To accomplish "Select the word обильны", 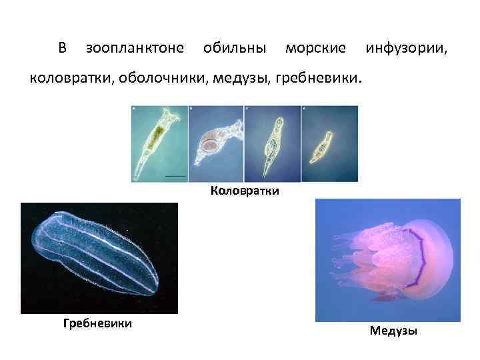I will pos(235,49).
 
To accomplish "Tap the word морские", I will pos(315,49).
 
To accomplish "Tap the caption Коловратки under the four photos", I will pos(245,191).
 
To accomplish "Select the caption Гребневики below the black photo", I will pos(97,323).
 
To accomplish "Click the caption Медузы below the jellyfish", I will pos(393,331).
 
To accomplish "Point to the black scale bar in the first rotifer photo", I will pos(175,176).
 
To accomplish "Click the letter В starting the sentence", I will pos(62,49).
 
